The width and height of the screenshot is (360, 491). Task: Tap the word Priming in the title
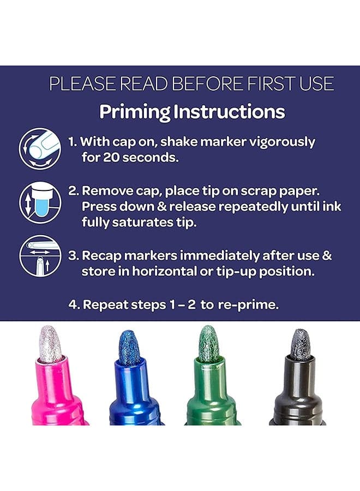135,112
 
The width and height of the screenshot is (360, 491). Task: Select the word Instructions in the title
229,111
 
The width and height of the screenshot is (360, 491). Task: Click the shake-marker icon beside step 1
40,148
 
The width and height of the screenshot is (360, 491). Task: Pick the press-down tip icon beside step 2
40,202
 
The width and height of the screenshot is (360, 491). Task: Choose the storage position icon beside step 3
40,256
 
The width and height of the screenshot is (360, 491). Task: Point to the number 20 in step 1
111,157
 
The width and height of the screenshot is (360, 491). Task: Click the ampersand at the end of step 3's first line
327,255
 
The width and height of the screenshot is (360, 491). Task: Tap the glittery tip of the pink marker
51,343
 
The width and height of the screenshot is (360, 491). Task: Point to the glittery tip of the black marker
301,344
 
